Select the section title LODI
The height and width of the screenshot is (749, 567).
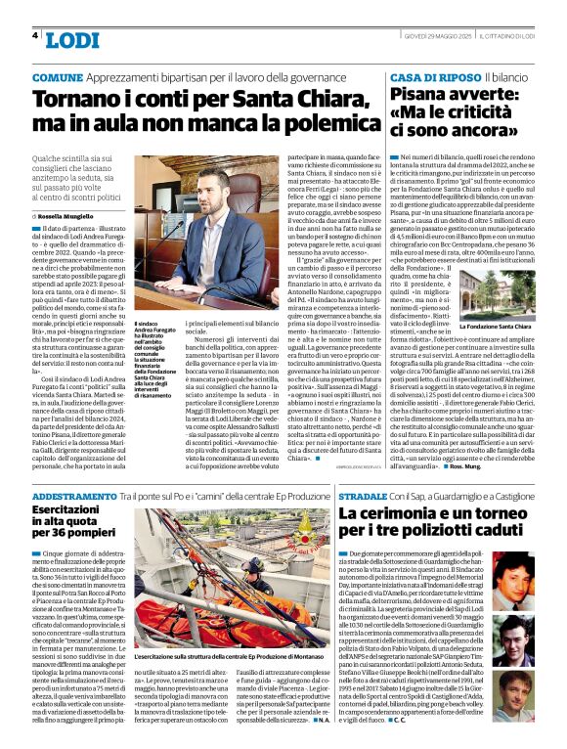point(72,40)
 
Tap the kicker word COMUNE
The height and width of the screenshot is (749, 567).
point(58,76)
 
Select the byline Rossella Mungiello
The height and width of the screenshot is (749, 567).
point(74,215)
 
